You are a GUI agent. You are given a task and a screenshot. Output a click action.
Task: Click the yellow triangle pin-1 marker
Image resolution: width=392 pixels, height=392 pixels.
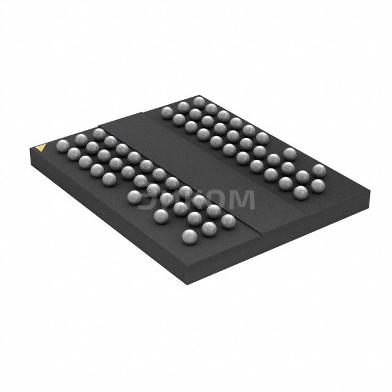pyautogui.click(x=41, y=147)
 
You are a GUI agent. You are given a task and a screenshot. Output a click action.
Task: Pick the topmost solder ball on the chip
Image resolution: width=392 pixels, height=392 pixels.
pyautogui.click(x=198, y=101)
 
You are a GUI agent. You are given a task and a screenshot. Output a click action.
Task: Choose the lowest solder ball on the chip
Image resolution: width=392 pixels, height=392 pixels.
pyautogui.click(x=190, y=236)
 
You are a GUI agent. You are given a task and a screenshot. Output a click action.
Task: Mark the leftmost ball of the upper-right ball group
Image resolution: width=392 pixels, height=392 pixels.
pyautogui.click(x=167, y=111)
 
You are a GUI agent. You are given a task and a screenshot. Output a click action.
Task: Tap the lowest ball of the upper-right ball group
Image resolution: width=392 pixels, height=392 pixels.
pyautogui.click(x=301, y=192)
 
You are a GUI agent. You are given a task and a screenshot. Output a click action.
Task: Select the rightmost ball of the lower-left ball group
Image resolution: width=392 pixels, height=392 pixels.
pyautogui.click(x=228, y=221)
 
